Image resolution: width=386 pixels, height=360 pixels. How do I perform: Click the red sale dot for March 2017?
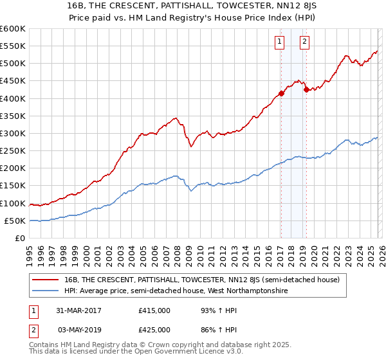[281, 94]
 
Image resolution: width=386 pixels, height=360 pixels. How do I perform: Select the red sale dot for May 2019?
[306, 90]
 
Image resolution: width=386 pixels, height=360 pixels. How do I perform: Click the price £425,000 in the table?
[154, 329]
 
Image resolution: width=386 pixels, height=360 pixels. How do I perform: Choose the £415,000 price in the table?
[154, 310]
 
